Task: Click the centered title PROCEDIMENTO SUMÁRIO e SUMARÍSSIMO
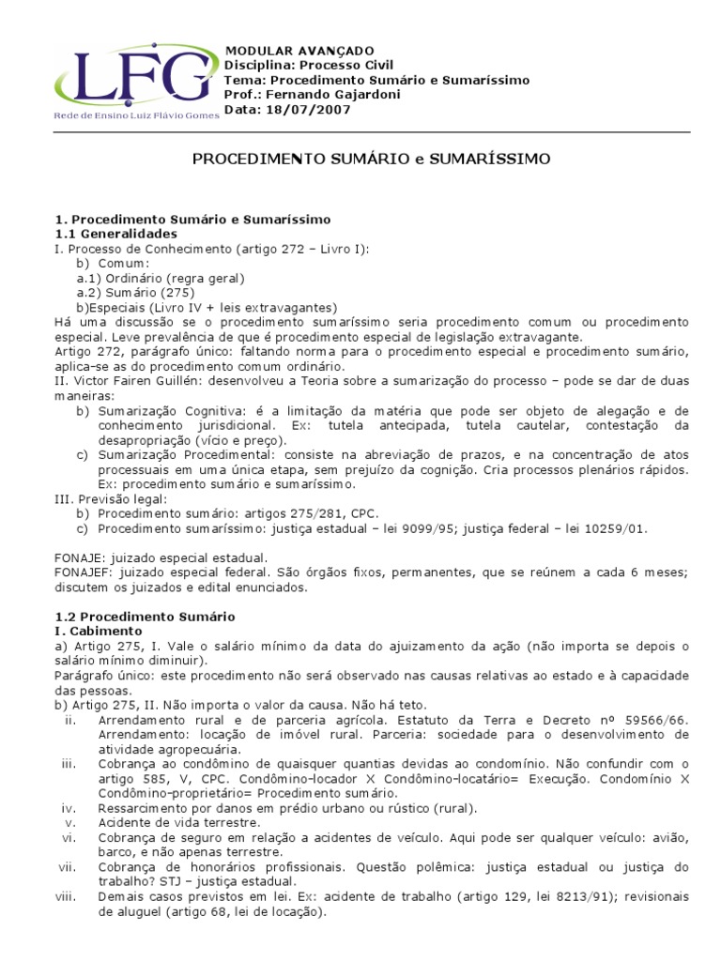coord(372,160)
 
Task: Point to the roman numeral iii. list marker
coord(69,764)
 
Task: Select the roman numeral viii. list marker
coord(67,896)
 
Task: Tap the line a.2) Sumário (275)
coord(135,293)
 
